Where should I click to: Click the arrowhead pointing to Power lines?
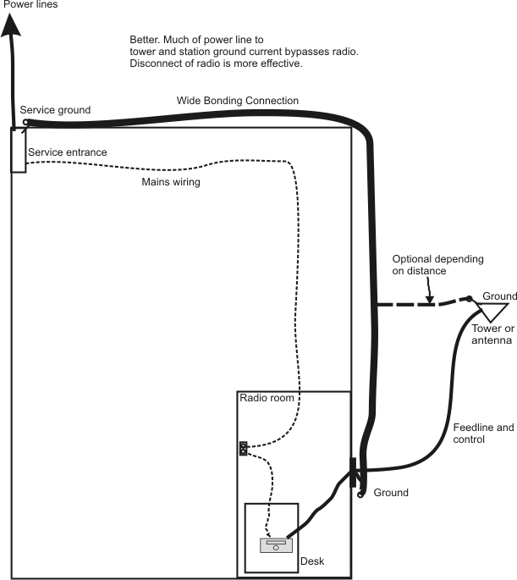point(11,26)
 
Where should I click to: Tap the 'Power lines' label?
point(30,5)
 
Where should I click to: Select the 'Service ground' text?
point(55,110)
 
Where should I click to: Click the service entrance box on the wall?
point(18,150)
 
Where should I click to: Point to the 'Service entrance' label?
point(67,152)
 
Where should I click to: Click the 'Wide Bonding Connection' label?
point(237,101)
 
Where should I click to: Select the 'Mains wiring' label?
point(170,181)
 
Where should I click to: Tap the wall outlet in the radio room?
point(243,449)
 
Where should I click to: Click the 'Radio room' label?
point(266,398)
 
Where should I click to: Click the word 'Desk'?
point(313,561)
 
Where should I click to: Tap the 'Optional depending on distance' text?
point(437,265)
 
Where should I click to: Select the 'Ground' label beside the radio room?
point(391,493)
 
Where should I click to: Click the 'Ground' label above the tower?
point(499,296)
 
